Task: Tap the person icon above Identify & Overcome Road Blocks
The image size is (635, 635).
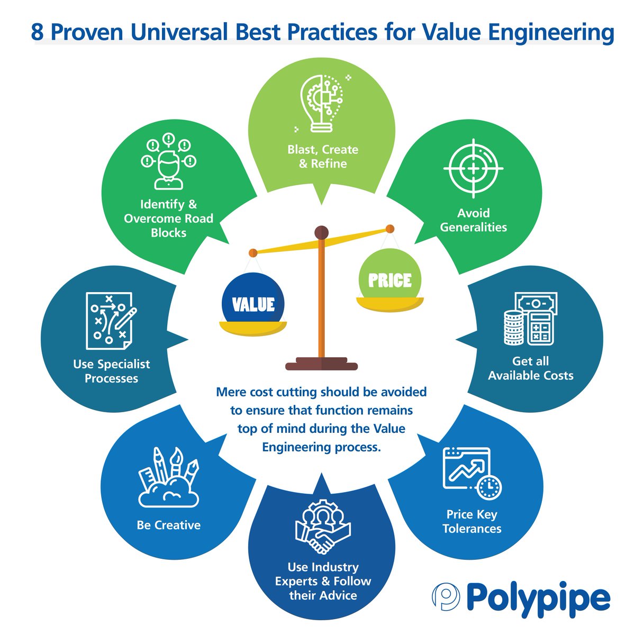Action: tap(168, 161)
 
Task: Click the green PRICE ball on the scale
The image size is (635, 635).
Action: tap(390, 279)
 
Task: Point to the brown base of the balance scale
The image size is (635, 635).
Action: tap(321, 364)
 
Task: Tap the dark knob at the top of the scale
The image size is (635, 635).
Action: tap(321, 232)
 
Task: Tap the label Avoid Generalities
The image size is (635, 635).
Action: tap(473, 220)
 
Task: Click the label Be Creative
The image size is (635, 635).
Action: tap(168, 525)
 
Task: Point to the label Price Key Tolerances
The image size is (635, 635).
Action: tap(471, 521)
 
